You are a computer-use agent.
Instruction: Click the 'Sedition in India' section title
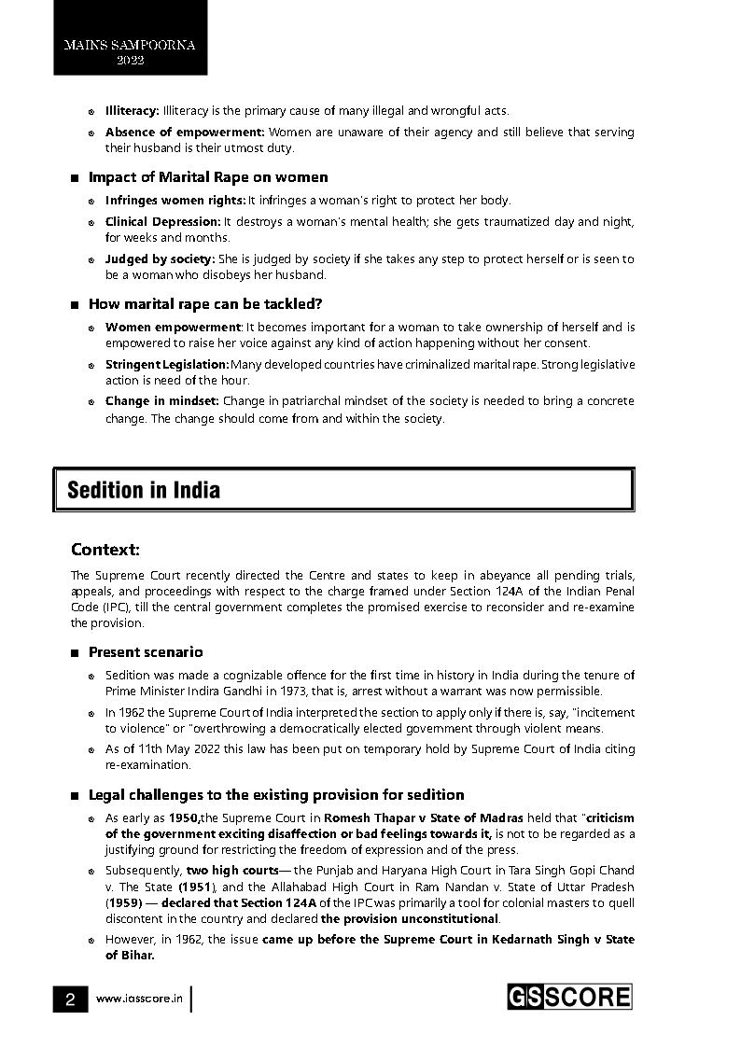point(144,490)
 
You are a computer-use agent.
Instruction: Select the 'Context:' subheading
point(105,550)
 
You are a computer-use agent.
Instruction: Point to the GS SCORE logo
point(568,997)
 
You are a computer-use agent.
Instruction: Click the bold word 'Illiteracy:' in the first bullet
point(133,111)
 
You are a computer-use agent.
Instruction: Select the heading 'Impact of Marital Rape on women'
point(208,177)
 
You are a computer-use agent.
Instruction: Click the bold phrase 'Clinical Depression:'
point(163,222)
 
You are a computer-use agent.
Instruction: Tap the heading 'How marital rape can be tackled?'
point(204,304)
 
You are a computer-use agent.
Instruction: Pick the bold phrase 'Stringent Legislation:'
point(167,364)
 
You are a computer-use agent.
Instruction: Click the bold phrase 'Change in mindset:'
point(162,401)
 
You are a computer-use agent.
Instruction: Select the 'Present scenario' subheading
point(146,652)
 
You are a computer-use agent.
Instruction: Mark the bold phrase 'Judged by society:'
point(160,259)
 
